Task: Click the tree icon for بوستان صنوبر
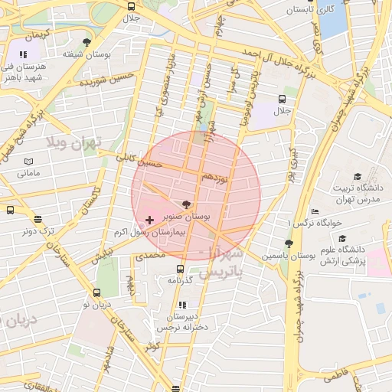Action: tap(186, 204)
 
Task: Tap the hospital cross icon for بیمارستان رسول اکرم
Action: tap(149, 220)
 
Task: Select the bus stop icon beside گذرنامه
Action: tap(180, 269)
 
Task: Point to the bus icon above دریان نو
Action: tap(96, 292)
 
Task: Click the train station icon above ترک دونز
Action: tap(38, 218)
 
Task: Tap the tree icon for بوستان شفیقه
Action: tap(87, 41)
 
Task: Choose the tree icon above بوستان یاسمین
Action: tap(289, 244)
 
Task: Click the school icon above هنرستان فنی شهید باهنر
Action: tap(23, 54)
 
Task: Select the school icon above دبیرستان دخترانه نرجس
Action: tap(181, 305)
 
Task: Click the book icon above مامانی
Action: tap(28, 162)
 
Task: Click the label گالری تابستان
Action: tap(309, 11)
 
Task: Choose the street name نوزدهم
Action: tap(214, 178)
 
